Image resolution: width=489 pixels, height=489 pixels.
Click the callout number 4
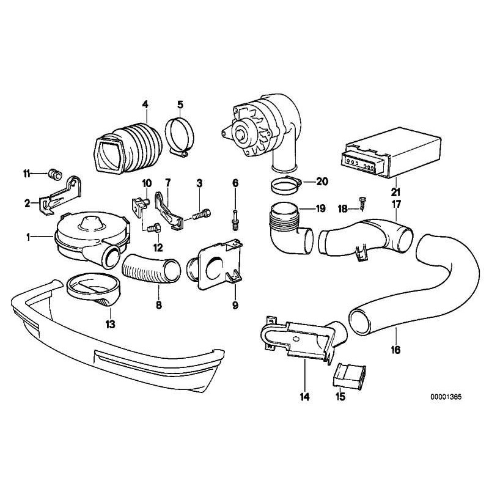145,103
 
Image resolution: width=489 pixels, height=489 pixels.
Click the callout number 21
396,190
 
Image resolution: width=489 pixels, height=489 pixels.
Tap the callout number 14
304,397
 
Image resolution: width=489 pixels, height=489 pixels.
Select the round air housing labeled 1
86,238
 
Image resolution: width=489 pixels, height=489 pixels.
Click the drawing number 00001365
445,396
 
